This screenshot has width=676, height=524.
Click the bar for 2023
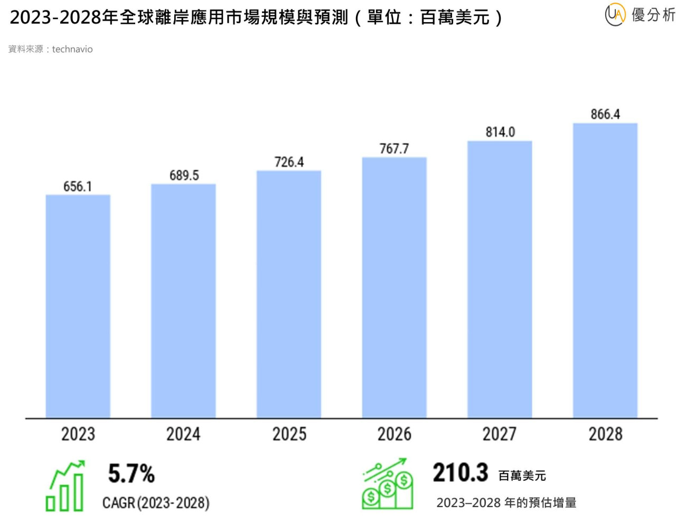click(78, 306)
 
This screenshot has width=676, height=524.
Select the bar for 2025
click(289, 294)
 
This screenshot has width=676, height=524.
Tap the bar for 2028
click(605, 270)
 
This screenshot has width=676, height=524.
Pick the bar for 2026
click(394, 287)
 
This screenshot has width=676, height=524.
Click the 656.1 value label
click(78, 186)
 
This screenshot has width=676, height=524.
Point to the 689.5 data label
click(184, 175)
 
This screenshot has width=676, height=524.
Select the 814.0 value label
click(500, 132)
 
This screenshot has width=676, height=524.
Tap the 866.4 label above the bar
click(605, 114)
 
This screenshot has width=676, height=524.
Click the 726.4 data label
click(289, 162)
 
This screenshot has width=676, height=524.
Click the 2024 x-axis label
click(183, 434)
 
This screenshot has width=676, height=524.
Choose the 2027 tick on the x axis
click(500, 434)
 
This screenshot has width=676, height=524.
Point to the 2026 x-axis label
click(394, 434)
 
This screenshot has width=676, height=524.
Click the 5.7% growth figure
click(131, 473)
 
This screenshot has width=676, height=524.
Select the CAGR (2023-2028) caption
click(156, 502)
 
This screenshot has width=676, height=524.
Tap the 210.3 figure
click(460, 472)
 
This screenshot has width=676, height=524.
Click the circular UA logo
click(615, 15)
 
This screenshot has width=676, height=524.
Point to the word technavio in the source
click(72, 49)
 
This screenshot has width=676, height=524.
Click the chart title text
click(256, 17)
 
